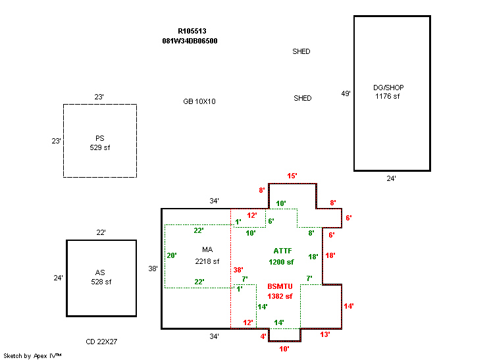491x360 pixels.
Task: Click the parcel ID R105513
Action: coord(192,31)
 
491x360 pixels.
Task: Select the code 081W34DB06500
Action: coord(190,41)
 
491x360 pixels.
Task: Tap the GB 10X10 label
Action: coord(199,102)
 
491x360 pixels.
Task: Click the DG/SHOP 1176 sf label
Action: coord(387,92)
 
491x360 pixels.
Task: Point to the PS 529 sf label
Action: coord(100,143)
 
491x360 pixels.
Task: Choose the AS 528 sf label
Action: coord(101,277)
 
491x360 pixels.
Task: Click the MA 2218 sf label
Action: coord(207,255)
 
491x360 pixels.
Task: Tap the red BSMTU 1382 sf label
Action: coord(280,292)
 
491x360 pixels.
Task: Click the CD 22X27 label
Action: coord(101,342)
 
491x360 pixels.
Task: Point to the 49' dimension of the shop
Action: coord(346,93)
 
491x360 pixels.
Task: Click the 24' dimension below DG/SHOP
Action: coord(392,178)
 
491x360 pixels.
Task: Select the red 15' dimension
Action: coord(292,176)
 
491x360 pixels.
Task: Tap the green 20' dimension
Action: coord(172,255)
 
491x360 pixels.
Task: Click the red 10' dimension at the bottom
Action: coord(284,349)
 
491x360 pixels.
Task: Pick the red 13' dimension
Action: coord(325,334)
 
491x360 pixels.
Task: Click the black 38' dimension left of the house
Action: coord(153,269)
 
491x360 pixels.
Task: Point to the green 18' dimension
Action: coord(313,257)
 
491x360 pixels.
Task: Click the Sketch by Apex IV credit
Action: coord(33,355)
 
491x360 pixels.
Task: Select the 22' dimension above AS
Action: coord(101,233)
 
